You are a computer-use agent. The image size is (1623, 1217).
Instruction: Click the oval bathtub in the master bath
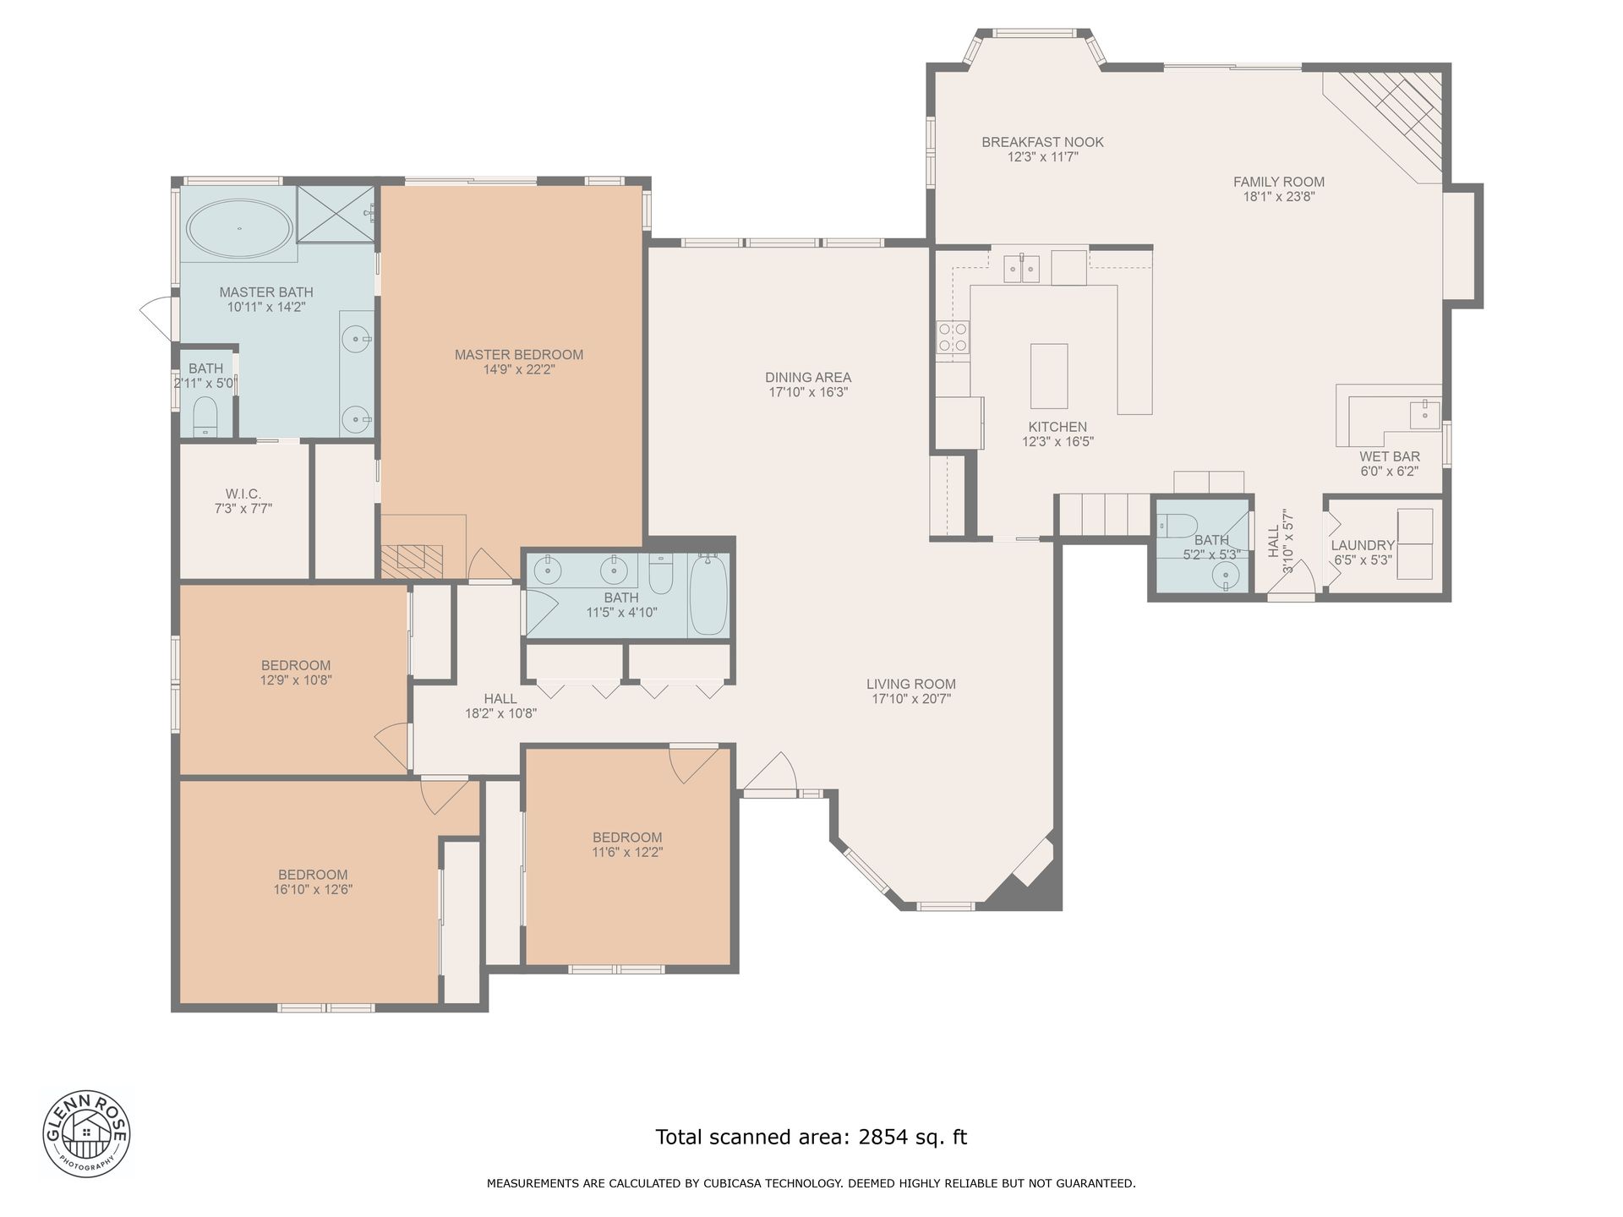pos(239,228)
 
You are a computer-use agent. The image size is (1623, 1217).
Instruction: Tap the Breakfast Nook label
pos(1042,142)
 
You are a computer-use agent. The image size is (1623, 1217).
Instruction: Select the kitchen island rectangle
pos(1049,376)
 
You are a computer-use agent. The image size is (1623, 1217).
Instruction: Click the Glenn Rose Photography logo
pos(87,1132)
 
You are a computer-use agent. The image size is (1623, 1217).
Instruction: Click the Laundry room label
pos(1363,545)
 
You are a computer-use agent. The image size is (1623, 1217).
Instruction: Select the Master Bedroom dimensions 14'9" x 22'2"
pos(519,369)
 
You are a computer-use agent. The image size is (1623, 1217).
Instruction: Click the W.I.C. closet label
pos(243,494)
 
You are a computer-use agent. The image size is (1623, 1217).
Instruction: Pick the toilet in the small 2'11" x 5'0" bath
pos(205,416)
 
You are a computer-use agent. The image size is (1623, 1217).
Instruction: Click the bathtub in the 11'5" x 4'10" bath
pos(708,594)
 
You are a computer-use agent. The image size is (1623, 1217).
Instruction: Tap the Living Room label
pos(911,684)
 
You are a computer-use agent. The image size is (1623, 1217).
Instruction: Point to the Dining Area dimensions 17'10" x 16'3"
pos(808,392)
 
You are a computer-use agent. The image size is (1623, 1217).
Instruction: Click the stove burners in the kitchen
pos(953,337)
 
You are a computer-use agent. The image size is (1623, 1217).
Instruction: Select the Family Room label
pos(1278,182)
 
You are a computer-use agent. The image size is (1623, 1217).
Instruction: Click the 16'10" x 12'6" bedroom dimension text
pos(313,889)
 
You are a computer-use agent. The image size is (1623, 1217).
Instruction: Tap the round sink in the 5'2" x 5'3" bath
pos(1225,576)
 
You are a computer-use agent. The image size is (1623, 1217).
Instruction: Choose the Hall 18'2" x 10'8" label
pos(500,706)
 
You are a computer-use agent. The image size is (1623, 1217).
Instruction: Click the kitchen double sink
pos(1022,268)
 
